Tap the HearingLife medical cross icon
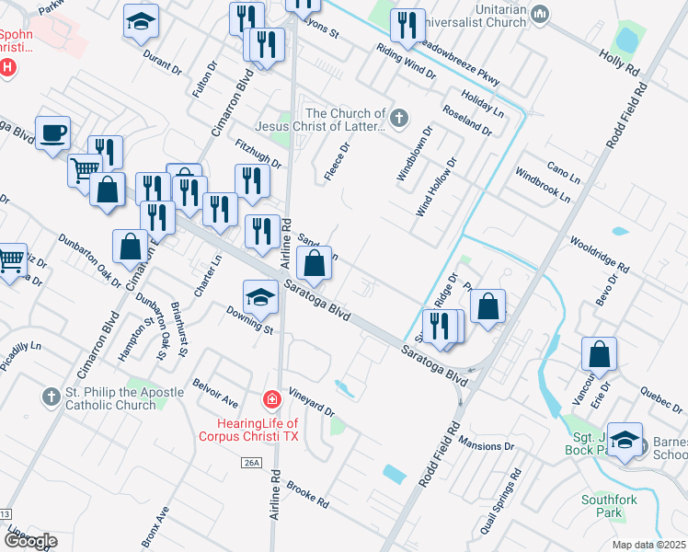tap(271, 399)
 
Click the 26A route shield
tap(254, 464)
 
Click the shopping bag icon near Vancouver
tap(599, 354)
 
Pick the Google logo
tap(29, 541)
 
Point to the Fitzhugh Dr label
tap(258, 153)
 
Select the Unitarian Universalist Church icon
tap(540, 14)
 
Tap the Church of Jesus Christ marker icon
tap(398, 117)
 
